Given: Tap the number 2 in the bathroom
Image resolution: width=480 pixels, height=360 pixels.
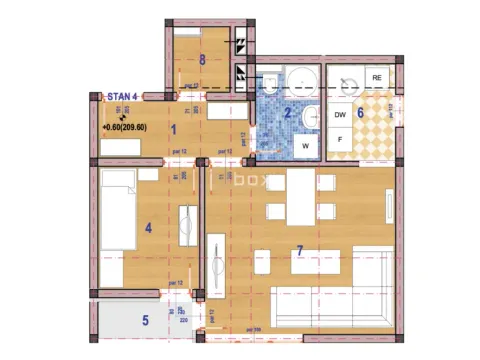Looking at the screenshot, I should [x=287, y=113].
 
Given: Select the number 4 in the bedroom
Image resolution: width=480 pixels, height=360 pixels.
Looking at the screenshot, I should [x=148, y=228].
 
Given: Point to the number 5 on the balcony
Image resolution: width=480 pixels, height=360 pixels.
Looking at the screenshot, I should [x=144, y=320].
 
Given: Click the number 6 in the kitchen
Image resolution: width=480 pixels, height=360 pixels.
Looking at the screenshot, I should [x=360, y=112].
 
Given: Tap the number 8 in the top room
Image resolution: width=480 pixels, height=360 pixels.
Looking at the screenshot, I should [x=202, y=59].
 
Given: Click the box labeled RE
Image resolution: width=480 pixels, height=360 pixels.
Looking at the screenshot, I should [x=377, y=77].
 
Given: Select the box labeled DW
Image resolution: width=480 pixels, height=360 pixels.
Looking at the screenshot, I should [x=339, y=115].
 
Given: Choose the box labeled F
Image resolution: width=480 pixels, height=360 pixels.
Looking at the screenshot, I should [x=339, y=139].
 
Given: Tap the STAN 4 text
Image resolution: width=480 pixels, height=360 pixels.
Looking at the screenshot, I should [x=121, y=97].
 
